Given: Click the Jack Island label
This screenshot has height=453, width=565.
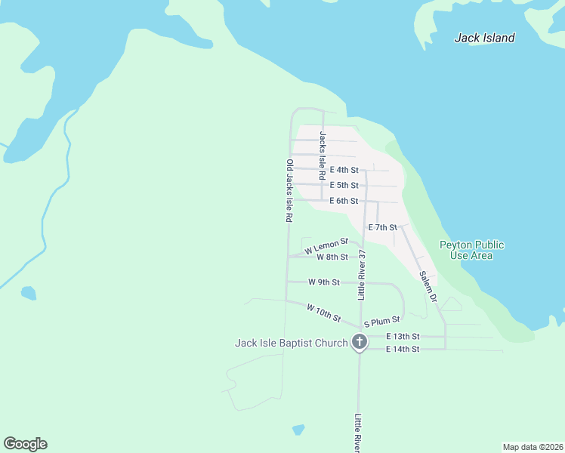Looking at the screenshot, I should click(x=484, y=38).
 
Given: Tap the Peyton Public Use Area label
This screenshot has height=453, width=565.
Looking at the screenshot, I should click(x=472, y=250).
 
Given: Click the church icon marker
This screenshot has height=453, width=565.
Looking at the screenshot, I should click(x=360, y=343).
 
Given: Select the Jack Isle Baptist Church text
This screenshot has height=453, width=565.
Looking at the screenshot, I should click(x=291, y=343).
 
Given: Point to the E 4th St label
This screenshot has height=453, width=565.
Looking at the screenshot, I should click(x=344, y=171).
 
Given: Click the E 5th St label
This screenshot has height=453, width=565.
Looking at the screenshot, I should click(x=344, y=186).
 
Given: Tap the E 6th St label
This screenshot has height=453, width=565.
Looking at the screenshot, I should click(x=344, y=201).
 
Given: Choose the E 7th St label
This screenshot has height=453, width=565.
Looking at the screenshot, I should click(x=382, y=227).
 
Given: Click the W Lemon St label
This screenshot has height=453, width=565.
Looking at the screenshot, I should click(x=326, y=245).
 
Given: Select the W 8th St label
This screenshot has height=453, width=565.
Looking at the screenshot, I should click(x=332, y=257).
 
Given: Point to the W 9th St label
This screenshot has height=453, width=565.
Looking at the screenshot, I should click(x=324, y=282).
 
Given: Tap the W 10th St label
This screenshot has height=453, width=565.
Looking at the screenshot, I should click(x=324, y=313).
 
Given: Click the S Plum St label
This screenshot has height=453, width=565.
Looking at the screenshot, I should click(x=381, y=322).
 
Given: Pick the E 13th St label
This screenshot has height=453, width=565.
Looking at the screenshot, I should click(x=402, y=336).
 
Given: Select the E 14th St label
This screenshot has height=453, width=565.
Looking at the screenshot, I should click(x=402, y=350).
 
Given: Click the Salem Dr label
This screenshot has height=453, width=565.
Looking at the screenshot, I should click(x=428, y=287).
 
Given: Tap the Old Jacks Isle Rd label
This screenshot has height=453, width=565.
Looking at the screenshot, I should click(x=289, y=190).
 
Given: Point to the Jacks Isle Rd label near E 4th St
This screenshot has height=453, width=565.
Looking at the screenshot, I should click(x=323, y=156).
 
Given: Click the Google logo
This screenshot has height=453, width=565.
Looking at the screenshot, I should click(x=25, y=444).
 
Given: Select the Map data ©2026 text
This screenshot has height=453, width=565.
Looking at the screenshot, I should click(x=533, y=447).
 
